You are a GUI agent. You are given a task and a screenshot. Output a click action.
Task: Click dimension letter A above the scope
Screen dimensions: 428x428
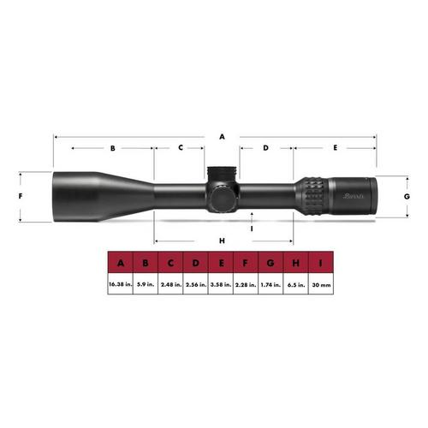tap(221, 135)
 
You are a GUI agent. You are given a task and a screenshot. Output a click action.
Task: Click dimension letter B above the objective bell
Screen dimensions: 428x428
tap(112, 148)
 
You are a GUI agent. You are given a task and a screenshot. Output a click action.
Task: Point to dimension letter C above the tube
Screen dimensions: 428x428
tap(181, 148)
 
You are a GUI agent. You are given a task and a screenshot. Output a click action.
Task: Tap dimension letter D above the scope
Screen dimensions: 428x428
tap(266, 148)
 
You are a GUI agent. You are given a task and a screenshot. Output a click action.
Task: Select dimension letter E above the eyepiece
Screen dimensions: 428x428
tap(335, 148)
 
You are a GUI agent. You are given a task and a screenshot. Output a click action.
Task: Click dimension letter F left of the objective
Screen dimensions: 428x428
tap(19, 196)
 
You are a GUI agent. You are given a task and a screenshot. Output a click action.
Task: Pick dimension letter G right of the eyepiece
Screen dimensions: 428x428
tap(407, 196)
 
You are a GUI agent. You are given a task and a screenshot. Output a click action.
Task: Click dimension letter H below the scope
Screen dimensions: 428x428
tap(222, 241)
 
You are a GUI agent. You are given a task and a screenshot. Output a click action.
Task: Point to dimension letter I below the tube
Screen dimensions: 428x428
tap(252, 228)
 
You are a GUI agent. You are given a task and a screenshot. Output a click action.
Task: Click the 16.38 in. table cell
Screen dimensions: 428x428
tap(121, 283)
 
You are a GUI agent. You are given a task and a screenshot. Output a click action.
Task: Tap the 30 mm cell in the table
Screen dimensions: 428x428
tap(320, 283)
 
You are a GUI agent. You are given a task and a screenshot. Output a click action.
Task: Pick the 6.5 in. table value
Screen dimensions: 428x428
tap(295, 283)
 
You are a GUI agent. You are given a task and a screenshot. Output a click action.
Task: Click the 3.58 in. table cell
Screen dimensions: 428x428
tap(221, 283)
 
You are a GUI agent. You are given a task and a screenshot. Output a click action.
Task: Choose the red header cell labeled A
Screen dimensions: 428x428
tap(121, 263)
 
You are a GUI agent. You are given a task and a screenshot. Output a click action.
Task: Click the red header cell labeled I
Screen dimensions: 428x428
tap(320, 263)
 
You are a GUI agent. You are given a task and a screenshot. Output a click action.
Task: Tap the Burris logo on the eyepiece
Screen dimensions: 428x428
tap(354, 196)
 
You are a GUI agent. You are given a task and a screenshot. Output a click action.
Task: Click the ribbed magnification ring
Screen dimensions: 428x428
tap(312, 196)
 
